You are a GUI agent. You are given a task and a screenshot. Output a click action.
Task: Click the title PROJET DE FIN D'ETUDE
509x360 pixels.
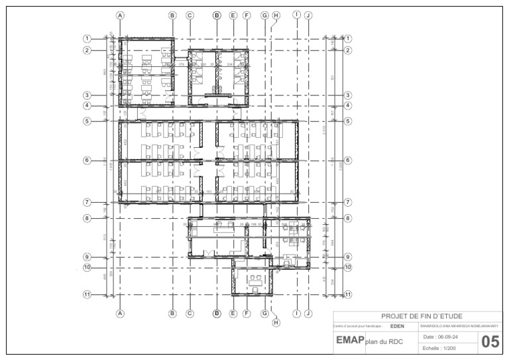(x=422, y=316)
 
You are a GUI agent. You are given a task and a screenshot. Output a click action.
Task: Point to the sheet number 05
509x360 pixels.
(x=490, y=342)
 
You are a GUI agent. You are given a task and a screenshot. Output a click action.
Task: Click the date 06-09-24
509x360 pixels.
(x=444, y=337)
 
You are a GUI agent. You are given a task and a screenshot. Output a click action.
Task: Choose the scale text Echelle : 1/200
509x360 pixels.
(x=440, y=347)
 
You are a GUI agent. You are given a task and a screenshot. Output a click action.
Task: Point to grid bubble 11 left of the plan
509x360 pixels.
(x=86, y=294)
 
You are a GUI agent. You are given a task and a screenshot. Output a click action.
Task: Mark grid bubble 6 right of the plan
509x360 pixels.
(x=348, y=160)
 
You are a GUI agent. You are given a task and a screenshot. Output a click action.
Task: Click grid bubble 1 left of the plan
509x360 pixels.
(x=86, y=38)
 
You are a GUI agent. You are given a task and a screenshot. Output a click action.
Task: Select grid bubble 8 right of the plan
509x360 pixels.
(x=348, y=217)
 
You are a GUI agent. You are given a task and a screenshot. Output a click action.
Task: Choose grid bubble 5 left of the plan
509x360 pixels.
(x=86, y=121)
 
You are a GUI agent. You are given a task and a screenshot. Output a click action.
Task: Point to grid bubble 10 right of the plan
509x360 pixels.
(x=348, y=267)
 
